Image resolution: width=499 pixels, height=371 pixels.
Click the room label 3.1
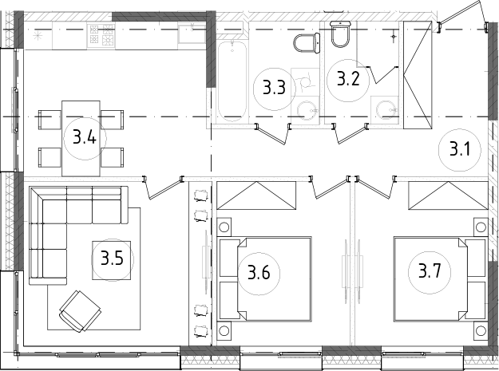(458, 148)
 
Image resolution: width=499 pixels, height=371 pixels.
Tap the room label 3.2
(347, 79)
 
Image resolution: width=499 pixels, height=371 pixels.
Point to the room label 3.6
(258, 274)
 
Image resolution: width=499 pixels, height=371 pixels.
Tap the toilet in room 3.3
(306, 42)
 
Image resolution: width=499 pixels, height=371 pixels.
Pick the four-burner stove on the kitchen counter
(102, 34)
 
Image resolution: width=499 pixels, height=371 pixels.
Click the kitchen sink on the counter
(192, 34)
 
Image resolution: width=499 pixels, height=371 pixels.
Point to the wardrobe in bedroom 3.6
(255, 195)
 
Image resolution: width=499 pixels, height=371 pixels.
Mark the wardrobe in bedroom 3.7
(446, 195)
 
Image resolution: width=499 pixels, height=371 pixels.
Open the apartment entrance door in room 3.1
(464, 14)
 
